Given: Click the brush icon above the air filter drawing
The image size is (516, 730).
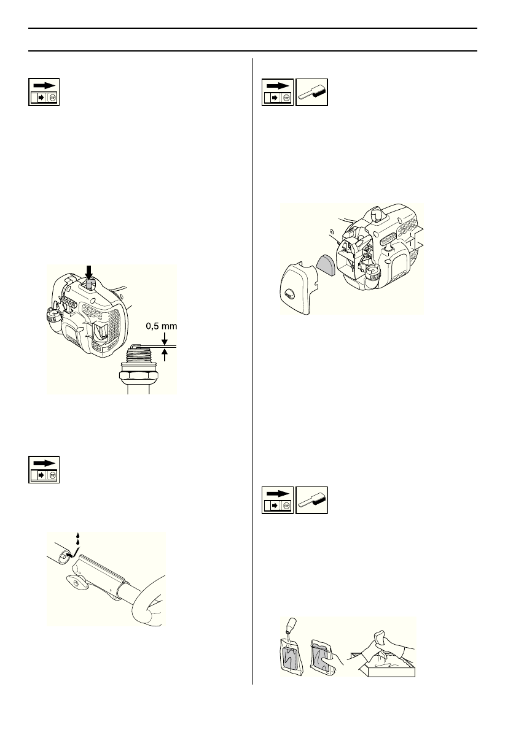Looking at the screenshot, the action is (311, 93).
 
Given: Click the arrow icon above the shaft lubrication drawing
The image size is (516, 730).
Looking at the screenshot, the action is (44, 470).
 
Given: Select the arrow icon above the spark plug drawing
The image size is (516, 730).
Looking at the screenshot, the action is (44, 92).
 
